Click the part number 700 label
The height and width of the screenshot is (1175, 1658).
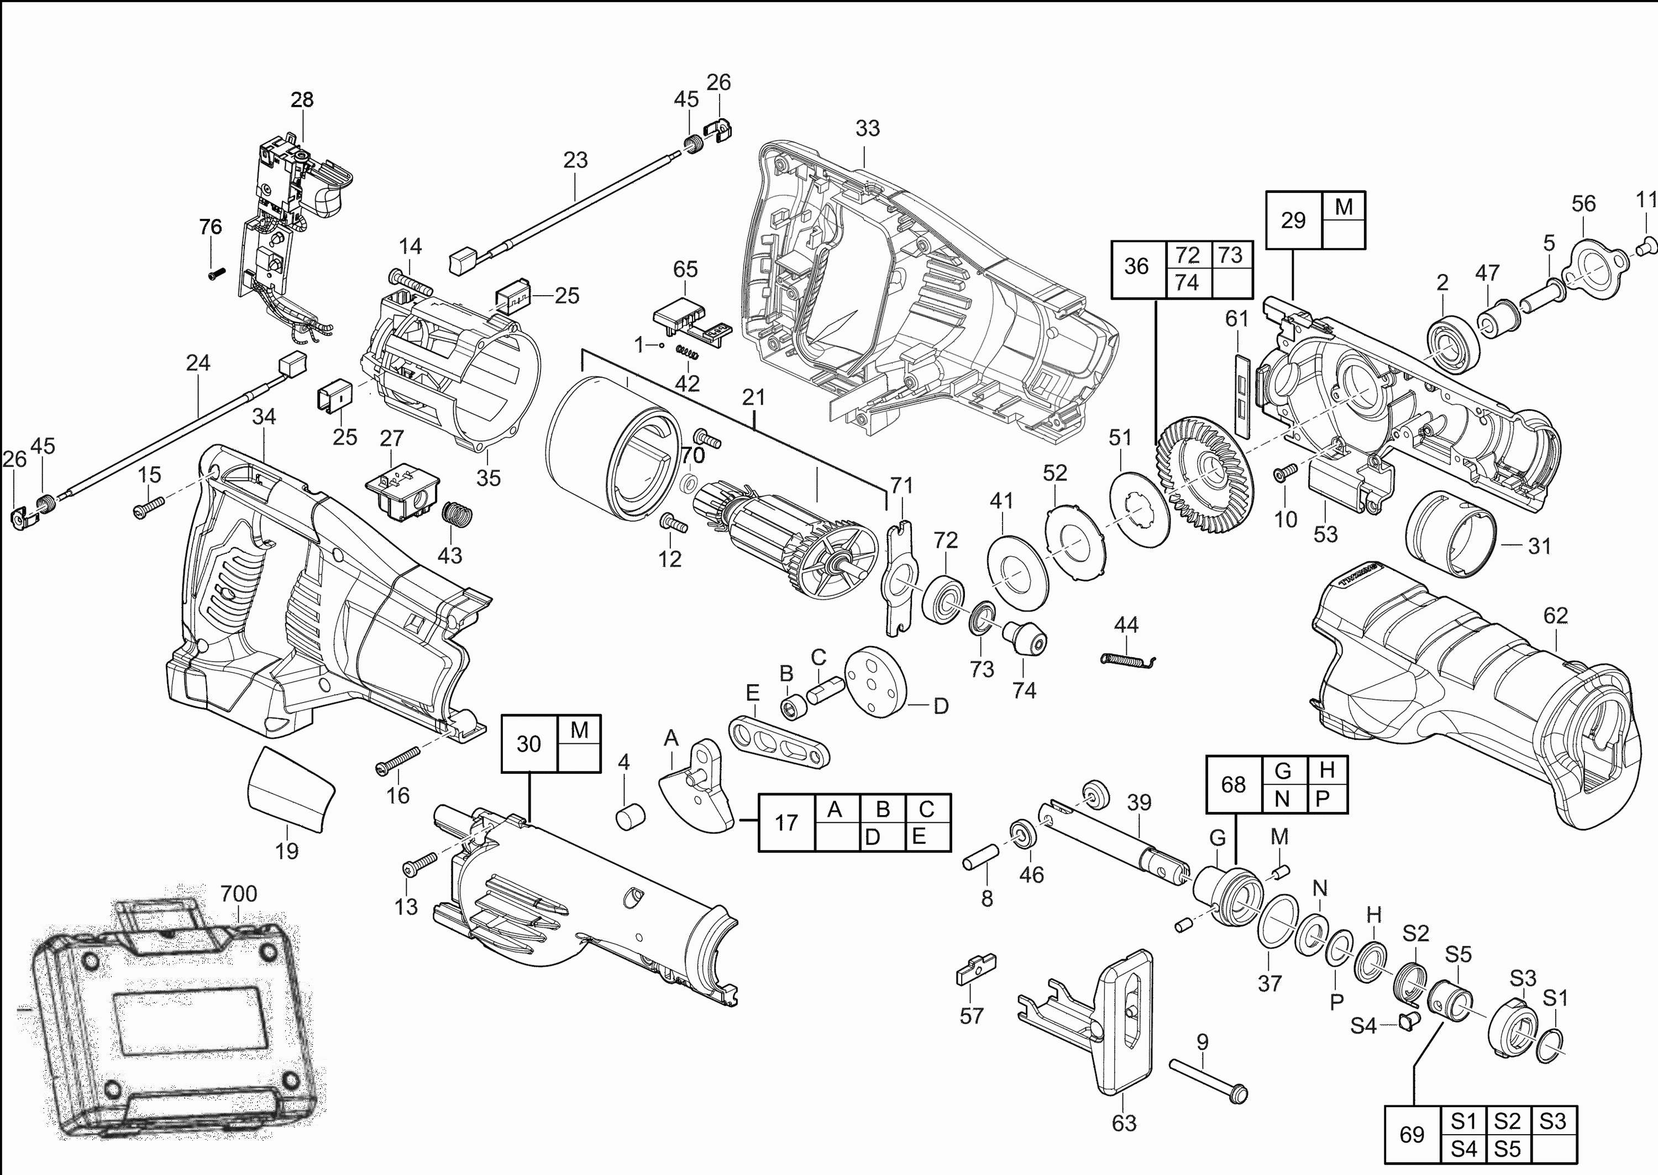[x=239, y=894]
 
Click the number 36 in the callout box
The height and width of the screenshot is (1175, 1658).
[x=1136, y=266]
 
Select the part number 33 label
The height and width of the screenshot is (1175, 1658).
[x=867, y=128]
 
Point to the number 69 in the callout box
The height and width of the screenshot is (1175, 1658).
[x=1412, y=1135]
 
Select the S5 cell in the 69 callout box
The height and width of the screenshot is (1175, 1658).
[x=1508, y=1148]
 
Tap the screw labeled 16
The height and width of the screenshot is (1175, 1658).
[x=397, y=760]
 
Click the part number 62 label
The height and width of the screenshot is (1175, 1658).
[x=1555, y=615]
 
